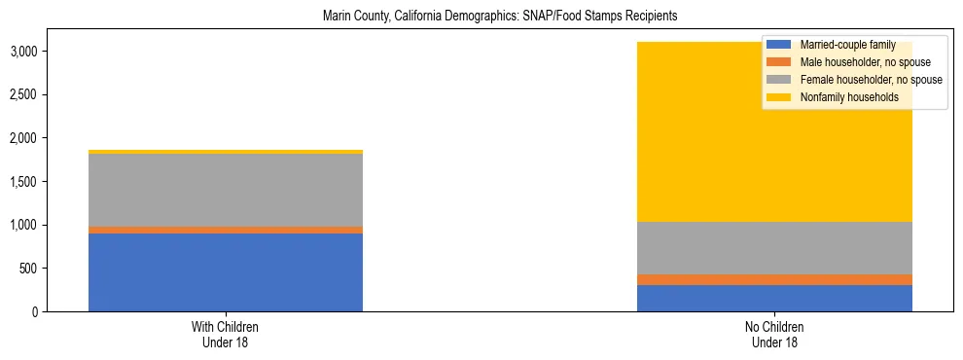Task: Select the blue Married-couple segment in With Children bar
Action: click(225, 272)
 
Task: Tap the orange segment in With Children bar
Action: click(225, 230)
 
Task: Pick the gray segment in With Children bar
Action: click(225, 190)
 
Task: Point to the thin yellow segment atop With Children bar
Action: click(225, 152)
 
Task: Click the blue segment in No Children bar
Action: click(774, 298)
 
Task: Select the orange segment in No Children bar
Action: click(774, 279)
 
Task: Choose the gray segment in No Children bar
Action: click(774, 248)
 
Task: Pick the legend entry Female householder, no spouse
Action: click(870, 80)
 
